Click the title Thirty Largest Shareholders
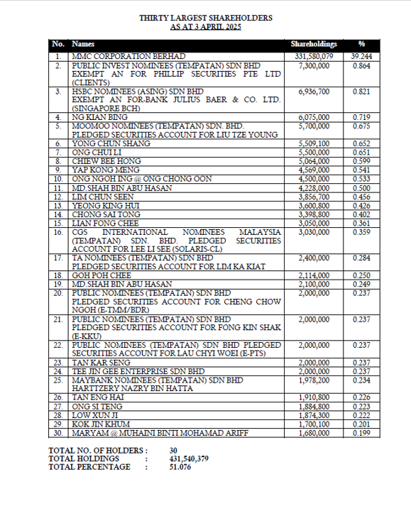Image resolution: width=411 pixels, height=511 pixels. (205, 17)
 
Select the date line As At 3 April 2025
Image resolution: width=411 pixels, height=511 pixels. (205, 26)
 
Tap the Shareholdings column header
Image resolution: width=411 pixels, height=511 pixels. (312, 44)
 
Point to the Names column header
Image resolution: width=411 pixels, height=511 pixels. (83, 44)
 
